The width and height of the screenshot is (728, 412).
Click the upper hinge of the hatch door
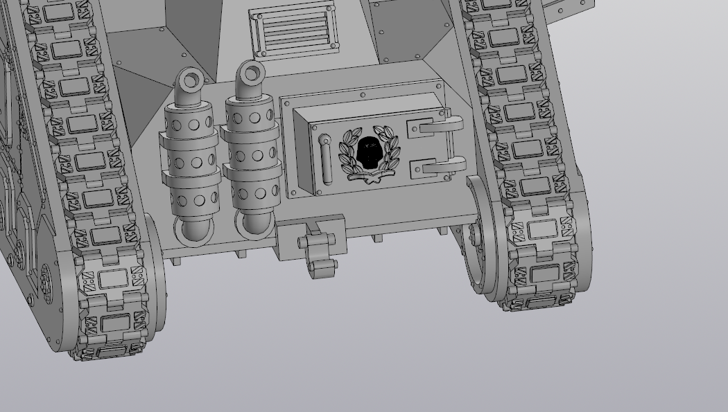[437, 127]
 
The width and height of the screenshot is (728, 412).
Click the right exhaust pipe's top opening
[252, 71]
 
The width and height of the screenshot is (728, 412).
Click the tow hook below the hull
[321, 266]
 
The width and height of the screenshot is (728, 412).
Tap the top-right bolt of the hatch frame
[439, 86]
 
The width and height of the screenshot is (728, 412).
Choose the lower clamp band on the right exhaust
[252, 172]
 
